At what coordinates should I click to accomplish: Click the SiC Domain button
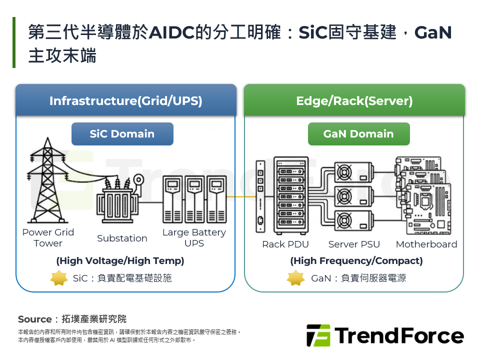click(x=122, y=134)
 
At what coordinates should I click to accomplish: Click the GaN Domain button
click(x=358, y=134)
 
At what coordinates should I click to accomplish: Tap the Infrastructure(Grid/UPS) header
click(x=125, y=101)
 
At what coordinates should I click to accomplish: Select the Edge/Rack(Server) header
click(x=354, y=101)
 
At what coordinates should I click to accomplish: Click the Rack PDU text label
click(x=285, y=244)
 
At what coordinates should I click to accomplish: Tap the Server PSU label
click(x=354, y=244)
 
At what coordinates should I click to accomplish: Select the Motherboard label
click(x=426, y=244)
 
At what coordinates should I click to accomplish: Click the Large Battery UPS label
click(x=194, y=238)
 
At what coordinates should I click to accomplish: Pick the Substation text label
click(x=122, y=238)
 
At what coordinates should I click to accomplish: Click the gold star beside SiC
click(x=59, y=278)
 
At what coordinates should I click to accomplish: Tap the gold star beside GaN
click(x=295, y=278)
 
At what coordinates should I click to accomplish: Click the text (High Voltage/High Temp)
click(x=120, y=261)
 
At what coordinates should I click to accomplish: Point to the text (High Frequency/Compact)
click(x=356, y=261)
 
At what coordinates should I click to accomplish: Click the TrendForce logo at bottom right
click(x=385, y=335)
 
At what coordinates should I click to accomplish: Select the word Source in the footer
click(x=34, y=319)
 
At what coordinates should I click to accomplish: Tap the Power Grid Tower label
click(x=48, y=238)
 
